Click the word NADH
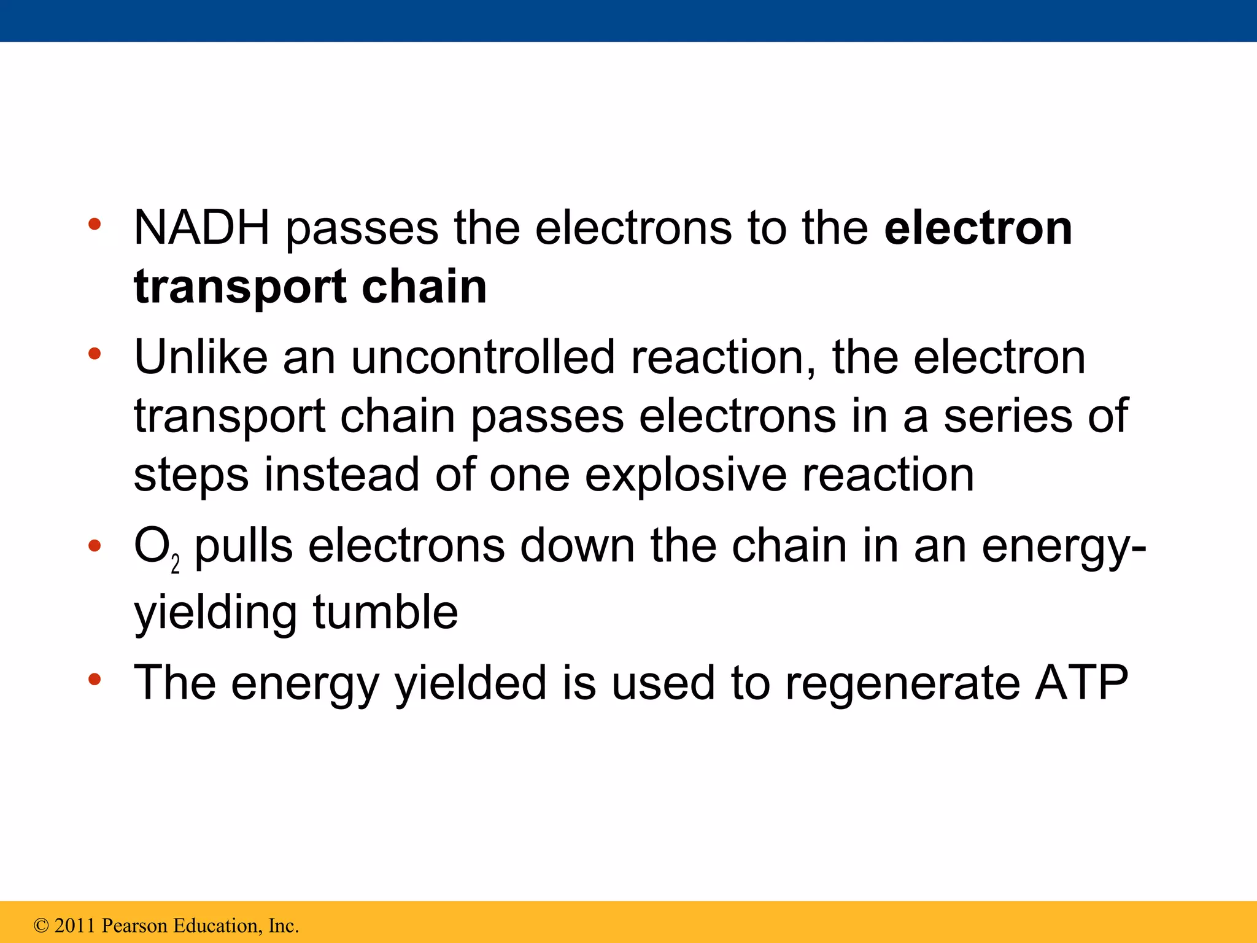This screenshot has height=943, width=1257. pos(201,228)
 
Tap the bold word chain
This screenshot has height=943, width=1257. pos(424,286)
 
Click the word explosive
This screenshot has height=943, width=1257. pos(685,475)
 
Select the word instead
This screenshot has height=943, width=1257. pos(341,475)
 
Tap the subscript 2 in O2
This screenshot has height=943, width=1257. pos(176,564)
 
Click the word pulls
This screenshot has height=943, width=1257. pos(244,546)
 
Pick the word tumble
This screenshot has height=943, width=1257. pos(385,612)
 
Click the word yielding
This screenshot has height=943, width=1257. pos(215,613)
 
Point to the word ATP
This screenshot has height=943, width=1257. pos(1081,683)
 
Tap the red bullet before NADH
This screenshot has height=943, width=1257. pos(94,225)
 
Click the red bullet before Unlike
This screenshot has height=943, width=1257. pos(94,354)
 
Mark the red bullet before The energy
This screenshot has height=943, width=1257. pos(94,680)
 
